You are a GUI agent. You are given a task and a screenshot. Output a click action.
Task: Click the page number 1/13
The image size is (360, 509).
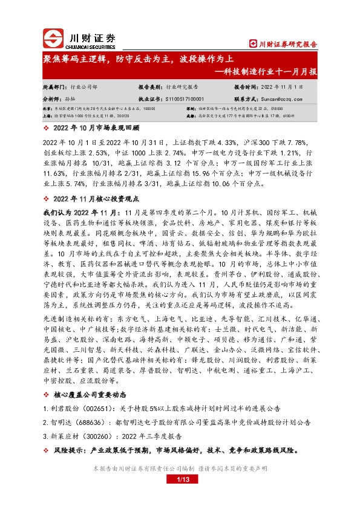pos(180,480)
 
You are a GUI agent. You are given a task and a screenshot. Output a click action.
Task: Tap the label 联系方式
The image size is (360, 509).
pos(247,98)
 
